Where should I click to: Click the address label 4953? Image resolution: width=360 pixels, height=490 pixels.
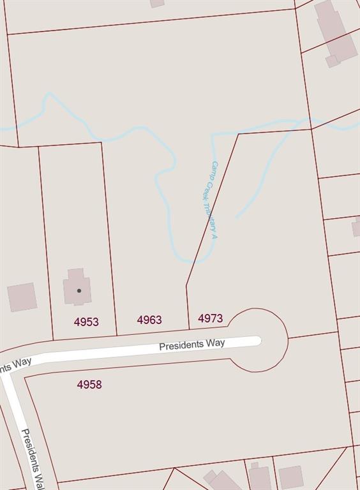86,322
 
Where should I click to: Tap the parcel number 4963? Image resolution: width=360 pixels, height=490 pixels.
149,320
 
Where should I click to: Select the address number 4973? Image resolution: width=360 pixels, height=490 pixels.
210,318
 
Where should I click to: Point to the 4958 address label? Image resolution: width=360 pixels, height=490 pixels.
89,385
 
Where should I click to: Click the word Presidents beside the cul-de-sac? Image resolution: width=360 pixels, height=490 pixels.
183,345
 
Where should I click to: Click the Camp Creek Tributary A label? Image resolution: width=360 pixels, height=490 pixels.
209,200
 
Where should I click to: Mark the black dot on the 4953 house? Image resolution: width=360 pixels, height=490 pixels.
79,291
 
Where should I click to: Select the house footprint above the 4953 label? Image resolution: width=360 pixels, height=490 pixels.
77,286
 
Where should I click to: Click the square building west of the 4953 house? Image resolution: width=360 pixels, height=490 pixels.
22,297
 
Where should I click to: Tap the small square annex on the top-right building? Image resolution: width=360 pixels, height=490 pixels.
332,61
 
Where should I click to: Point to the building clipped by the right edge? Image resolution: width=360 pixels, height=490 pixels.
356,226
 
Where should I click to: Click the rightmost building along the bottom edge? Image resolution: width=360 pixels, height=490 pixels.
291,477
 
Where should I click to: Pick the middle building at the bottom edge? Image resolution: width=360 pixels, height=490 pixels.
260,477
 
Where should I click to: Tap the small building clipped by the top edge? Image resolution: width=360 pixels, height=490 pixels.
157,3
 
